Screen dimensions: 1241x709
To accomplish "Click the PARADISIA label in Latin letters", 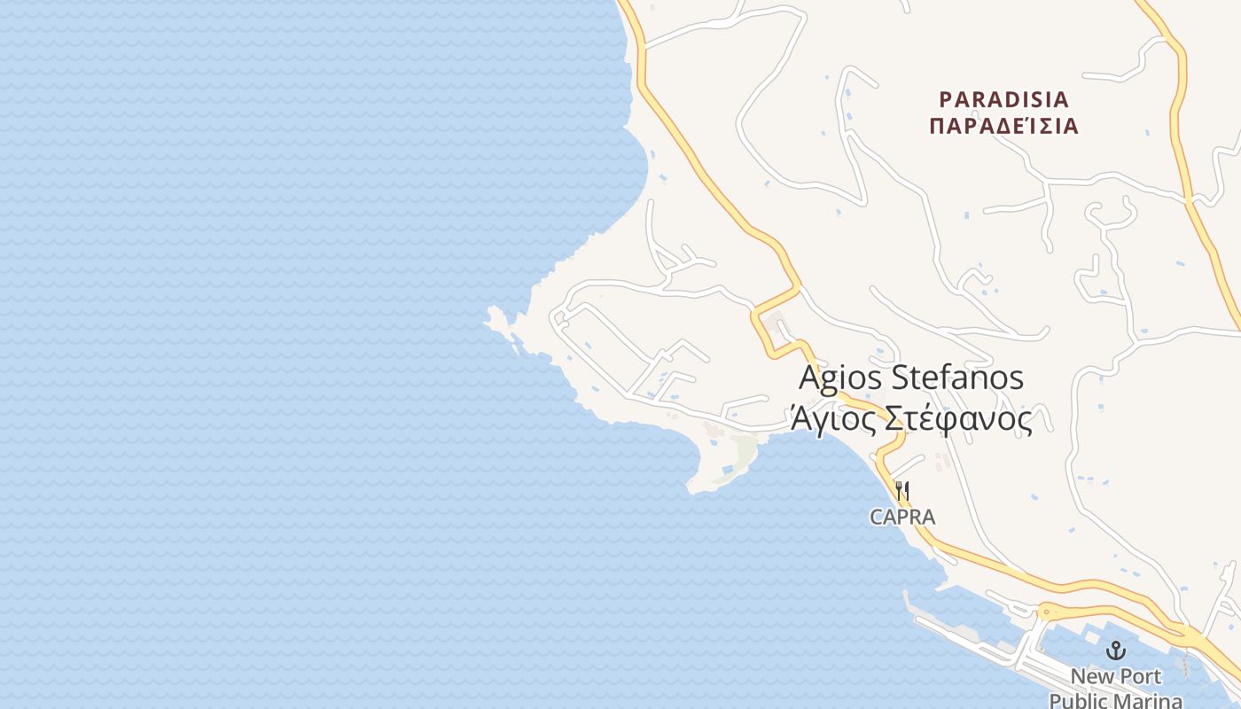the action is coord(1003,98).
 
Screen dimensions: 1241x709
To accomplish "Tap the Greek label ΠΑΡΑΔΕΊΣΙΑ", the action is coord(1003,126).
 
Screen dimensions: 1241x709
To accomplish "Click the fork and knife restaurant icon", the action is coord(902,490).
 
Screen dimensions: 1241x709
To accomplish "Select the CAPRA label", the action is coord(902,517).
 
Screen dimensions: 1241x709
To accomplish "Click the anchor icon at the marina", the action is coord(1115,651).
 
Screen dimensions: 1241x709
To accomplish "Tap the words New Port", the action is coord(1115,677).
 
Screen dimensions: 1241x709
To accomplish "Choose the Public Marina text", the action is coord(1115,700).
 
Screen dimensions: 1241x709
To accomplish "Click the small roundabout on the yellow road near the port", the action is coord(1048,612).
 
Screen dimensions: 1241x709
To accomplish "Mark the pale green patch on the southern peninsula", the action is coord(741,457).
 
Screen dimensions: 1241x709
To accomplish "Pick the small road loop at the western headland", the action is coord(561,317).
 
